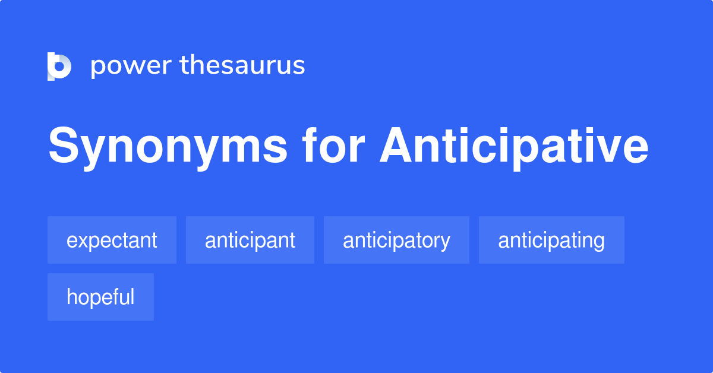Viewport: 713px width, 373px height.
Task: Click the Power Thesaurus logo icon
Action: coord(59,66)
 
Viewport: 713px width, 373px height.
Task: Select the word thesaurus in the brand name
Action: coord(242,65)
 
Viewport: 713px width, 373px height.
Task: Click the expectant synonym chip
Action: coord(112,240)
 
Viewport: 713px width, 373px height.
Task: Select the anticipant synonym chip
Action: coord(250,240)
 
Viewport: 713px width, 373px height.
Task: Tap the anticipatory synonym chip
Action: coord(396,240)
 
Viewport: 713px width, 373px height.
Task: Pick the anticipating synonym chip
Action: coord(551,240)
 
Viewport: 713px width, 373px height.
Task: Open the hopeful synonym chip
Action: coord(100,297)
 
